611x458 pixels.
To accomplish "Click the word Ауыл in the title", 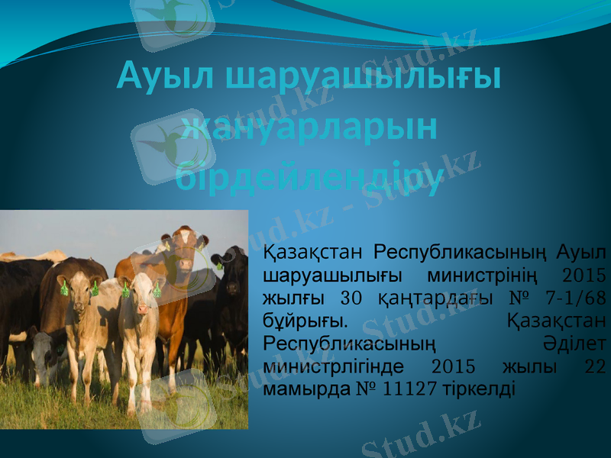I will [x=163, y=76].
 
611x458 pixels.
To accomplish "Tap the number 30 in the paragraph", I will [x=350, y=296].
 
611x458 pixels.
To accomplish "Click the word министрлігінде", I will [x=333, y=365].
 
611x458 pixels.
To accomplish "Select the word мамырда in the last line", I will [x=296, y=389].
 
